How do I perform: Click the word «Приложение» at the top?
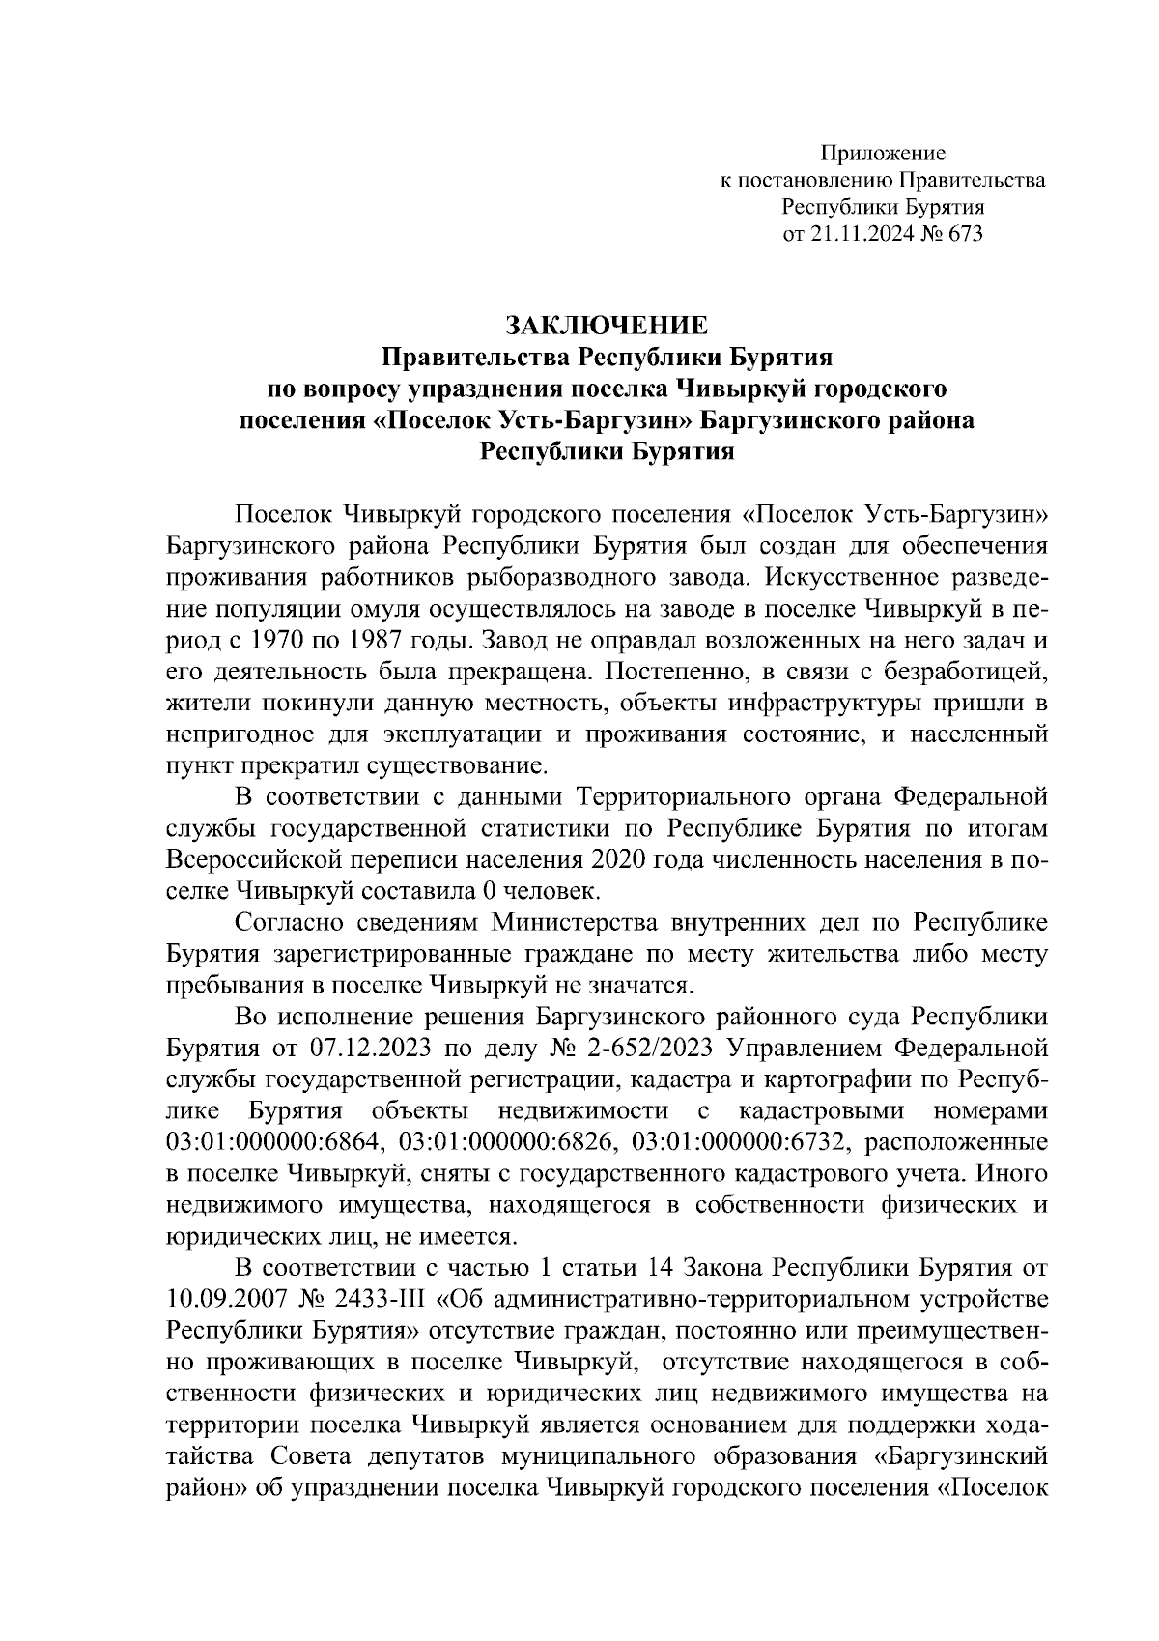[x=883, y=153]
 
